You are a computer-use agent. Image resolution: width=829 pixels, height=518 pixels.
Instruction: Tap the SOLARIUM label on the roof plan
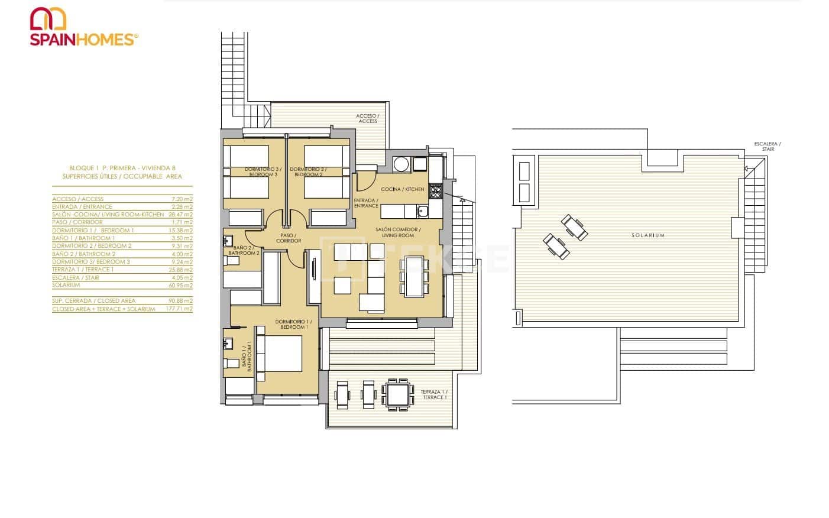coord(648,235)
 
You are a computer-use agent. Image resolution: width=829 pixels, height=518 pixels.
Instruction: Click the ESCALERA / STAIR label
coord(767,146)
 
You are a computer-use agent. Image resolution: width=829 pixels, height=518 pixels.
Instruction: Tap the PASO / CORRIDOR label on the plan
coord(289,238)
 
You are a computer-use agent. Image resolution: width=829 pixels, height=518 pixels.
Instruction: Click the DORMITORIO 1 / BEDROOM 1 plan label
coord(292,325)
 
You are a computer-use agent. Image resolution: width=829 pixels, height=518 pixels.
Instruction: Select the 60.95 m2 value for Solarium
coord(181,285)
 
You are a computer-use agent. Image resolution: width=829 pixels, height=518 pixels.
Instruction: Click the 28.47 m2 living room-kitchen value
coord(181,215)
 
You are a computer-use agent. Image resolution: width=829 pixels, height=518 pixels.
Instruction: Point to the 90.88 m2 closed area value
coord(181,301)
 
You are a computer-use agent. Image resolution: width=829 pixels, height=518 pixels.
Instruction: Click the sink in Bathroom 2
coord(228,241)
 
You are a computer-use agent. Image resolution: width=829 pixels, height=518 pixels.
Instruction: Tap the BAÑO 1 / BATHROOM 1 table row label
coord(83,238)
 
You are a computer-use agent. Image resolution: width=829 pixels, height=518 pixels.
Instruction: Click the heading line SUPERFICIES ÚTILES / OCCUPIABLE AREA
coord(122,176)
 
